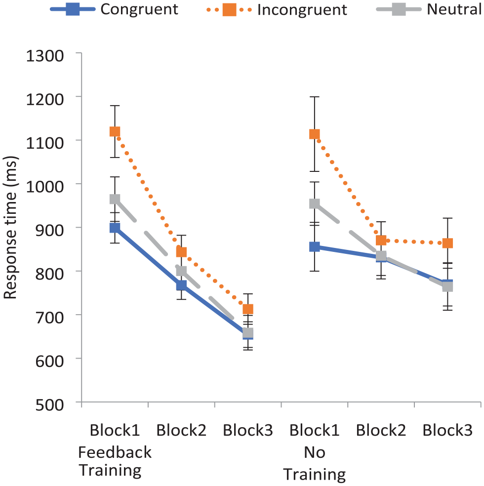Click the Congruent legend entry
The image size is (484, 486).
(114, 9)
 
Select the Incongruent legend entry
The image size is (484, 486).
(277, 9)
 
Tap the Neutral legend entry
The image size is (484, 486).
(429, 9)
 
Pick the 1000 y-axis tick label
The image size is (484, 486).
(45, 187)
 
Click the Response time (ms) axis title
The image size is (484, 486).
(10, 228)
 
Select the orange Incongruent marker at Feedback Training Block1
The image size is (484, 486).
(115, 131)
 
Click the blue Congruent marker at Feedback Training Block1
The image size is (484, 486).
(115, 228)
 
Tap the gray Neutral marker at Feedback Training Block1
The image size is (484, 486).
(115, 199)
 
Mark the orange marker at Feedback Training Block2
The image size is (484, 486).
(181, 252)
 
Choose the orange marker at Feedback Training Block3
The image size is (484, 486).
(248, 309)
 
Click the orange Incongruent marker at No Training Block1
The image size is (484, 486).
(315, 134)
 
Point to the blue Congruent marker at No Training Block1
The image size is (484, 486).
(315, 247)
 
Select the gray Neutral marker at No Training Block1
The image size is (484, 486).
(315, 203)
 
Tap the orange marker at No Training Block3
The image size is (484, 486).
(447, 243)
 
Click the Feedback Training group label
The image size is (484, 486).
(115, 461)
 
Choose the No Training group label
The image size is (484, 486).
(315, 463)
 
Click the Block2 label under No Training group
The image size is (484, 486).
(381, 430)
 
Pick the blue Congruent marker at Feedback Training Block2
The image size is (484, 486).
(181, 285)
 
